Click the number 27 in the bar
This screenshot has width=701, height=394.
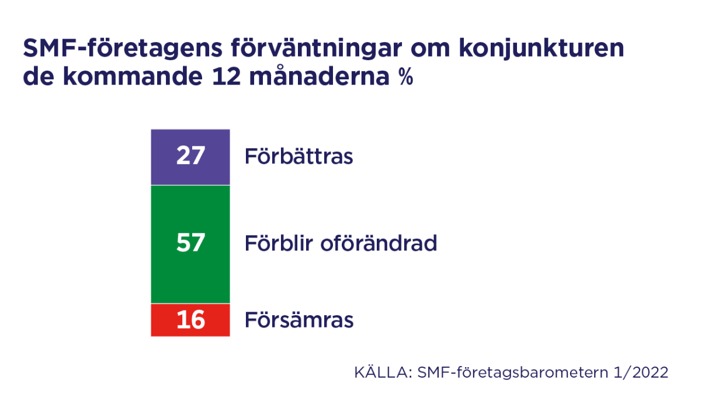coord(190,156)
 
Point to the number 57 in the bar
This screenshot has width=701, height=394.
coord(190,242)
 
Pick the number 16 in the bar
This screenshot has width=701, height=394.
coord(190,320)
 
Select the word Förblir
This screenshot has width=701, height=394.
coord(279,243)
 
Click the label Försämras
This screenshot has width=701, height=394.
coord(299,320)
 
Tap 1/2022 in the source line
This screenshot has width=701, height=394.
coord(645,372)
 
